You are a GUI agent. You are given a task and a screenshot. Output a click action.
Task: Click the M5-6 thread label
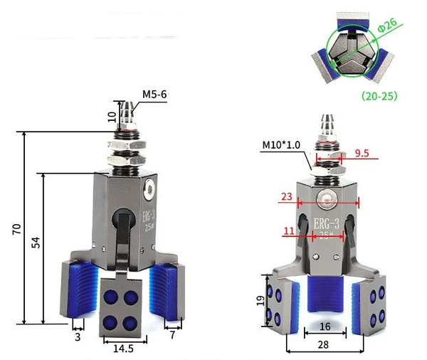point(155,94)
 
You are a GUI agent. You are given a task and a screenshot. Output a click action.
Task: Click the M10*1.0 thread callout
point(282,145)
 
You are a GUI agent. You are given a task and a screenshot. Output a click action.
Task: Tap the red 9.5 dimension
point(362,152)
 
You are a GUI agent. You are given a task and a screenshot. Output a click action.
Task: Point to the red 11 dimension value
point(288,231)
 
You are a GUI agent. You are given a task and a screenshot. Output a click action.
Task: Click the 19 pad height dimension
point(260,302)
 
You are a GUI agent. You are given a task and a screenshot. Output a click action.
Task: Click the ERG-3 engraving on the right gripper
point(326,224)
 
